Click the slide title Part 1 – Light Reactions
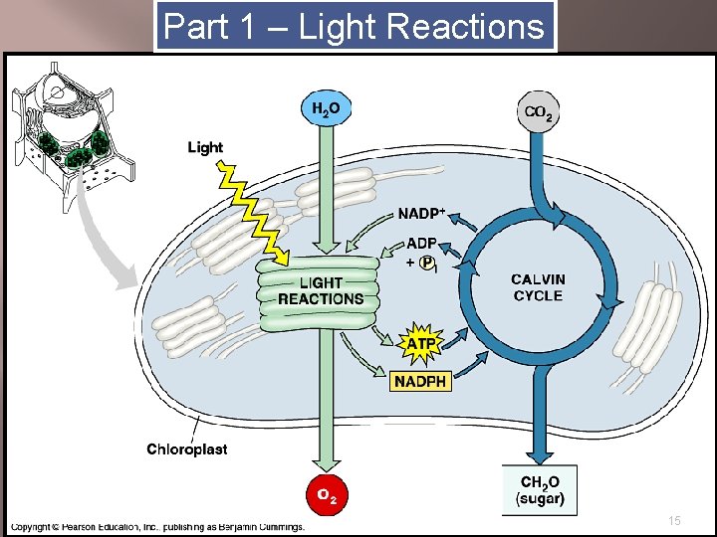(355, 27)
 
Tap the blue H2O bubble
(326, 109)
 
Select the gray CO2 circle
(539, 112)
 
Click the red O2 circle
(326, 493)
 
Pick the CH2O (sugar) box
(540, 490)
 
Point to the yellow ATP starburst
(419, 344)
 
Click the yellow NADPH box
(420, 381)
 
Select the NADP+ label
(421, 213)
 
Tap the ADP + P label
(419, 254)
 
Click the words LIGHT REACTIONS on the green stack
(320, 290)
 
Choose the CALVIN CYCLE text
(538, 287)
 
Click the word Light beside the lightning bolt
(205, 147)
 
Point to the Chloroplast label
(187, 448)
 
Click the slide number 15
(674, 521)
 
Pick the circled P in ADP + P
(427, 263)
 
